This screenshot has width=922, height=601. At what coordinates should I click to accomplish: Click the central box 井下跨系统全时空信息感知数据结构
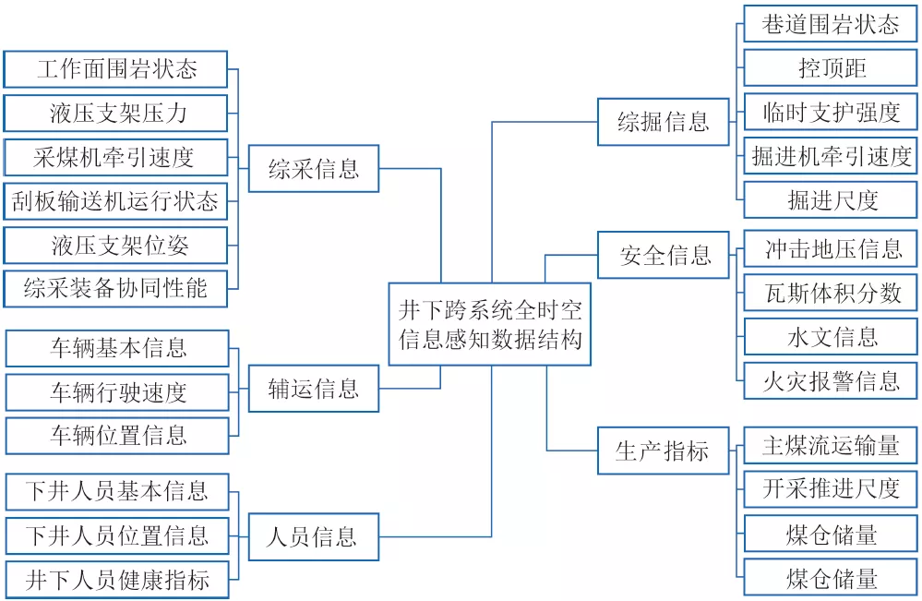coord(489,324)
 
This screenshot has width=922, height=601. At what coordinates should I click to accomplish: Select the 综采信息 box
coord(314,168)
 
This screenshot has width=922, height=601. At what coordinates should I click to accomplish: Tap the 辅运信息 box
coord(314,389)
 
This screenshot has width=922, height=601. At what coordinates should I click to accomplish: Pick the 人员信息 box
coord(314,536)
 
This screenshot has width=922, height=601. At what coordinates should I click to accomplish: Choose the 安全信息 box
coord(665,255)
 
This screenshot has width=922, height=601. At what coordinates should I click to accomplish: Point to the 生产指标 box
coord(665,451)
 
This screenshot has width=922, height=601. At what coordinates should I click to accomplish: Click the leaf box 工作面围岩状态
coord(115,69)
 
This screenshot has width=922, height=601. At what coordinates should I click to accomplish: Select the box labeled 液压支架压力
coord(115,113)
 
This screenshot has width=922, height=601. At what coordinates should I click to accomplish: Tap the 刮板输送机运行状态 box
coord(115,199)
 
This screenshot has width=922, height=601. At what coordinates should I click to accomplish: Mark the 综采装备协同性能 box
coord(115,288)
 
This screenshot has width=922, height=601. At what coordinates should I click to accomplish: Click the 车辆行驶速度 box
coord(117,392)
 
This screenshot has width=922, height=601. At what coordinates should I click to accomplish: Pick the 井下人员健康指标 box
coord(117,580)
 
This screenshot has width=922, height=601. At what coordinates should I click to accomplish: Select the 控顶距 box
coord(832,68)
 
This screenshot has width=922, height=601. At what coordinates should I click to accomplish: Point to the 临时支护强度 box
coord(832,113)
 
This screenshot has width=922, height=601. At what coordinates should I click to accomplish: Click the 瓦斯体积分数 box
coord(832,294)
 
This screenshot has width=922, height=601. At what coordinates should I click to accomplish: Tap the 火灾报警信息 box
coord(832,380)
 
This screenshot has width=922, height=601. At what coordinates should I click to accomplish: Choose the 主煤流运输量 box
coord(832,446)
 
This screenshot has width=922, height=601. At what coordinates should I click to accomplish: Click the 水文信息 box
coord(832,337)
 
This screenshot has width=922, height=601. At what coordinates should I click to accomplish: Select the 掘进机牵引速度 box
coord(832,156)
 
